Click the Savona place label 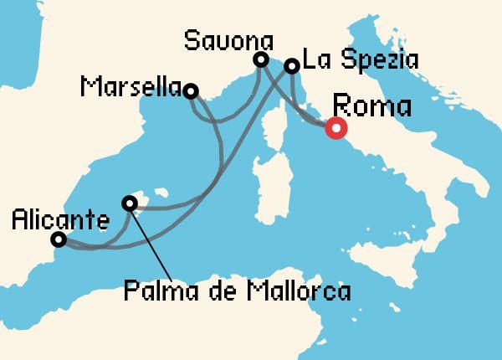tap(228, 39)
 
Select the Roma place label tap(372, 107)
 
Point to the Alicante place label tap(60, 221)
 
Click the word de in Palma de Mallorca tap(219, 292)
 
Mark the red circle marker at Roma tap(336, 128)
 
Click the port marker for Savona tap(261, 59)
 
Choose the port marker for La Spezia tap(292, 65)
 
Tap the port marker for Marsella tap(191, 91)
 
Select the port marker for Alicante tap(59, 239)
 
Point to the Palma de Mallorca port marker tap(129, 203)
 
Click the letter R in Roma tap(342, 107)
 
